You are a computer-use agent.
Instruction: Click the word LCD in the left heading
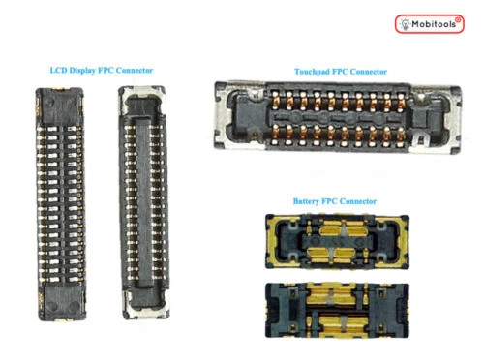[59, 71]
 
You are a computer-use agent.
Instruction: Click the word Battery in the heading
[308, 201]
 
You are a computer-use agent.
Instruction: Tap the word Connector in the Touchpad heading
[366, 72]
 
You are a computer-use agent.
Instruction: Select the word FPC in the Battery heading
[335, 201]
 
